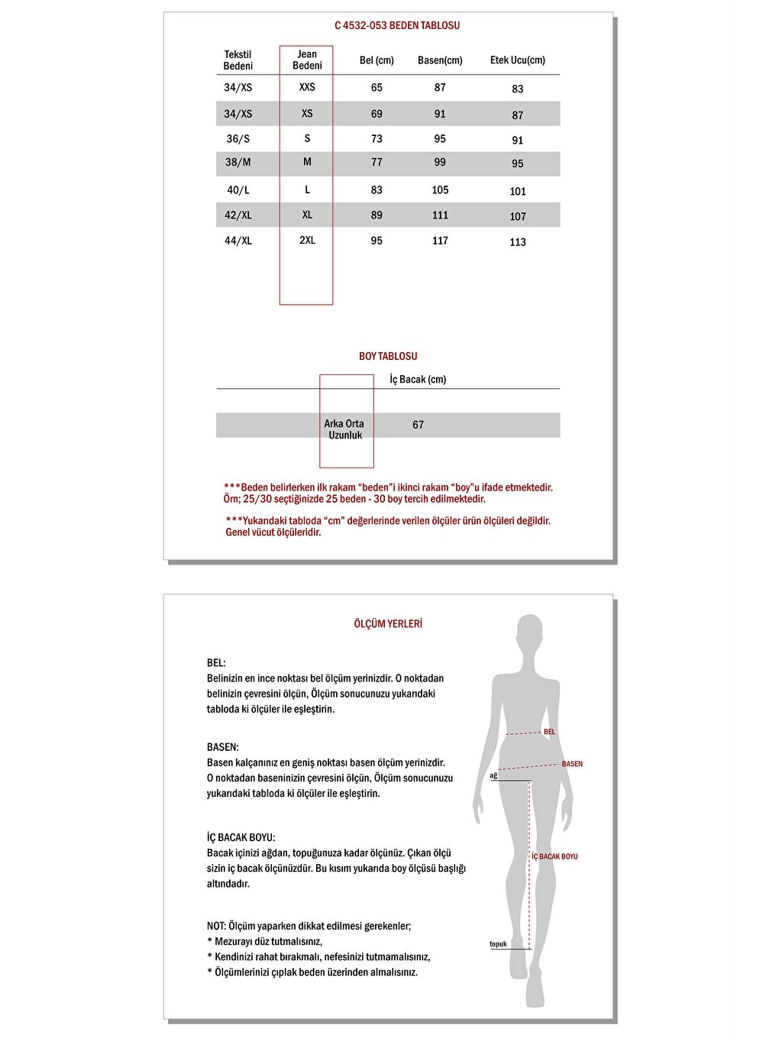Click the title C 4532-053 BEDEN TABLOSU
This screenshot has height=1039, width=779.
(397, 25)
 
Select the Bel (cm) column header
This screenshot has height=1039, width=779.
(377, 60)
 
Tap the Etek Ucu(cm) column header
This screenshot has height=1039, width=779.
(517, 60)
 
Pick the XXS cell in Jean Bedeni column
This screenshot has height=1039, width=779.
(307, 87)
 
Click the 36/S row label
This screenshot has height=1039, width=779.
(238, 139)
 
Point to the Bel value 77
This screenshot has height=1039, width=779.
(377, 162)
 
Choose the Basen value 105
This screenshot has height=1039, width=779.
(440, 190)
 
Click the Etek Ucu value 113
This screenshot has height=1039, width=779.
(518, 242)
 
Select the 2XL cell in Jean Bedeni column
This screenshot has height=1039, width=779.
(307, 240)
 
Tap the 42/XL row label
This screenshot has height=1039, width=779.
(238, 215)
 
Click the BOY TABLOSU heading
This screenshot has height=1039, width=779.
(388, 356)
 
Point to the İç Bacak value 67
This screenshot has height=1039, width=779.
(418, 425)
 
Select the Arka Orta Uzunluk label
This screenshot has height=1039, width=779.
(344, 429)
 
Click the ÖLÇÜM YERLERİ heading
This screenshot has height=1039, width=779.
(388, 624)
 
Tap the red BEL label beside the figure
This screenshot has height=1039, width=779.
(550, 732)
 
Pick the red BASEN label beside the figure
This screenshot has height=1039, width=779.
(572, 764)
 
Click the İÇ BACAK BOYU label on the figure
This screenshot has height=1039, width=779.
(554, 856)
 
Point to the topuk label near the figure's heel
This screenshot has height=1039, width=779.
(498, 944)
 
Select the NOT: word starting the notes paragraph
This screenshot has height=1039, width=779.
(216, 926)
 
